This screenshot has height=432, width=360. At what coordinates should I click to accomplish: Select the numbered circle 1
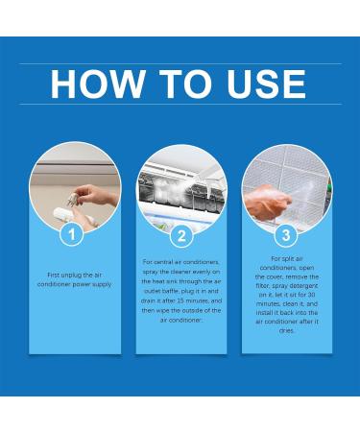coord(68,233)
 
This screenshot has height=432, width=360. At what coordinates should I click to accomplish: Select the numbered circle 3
coord(285,233)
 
